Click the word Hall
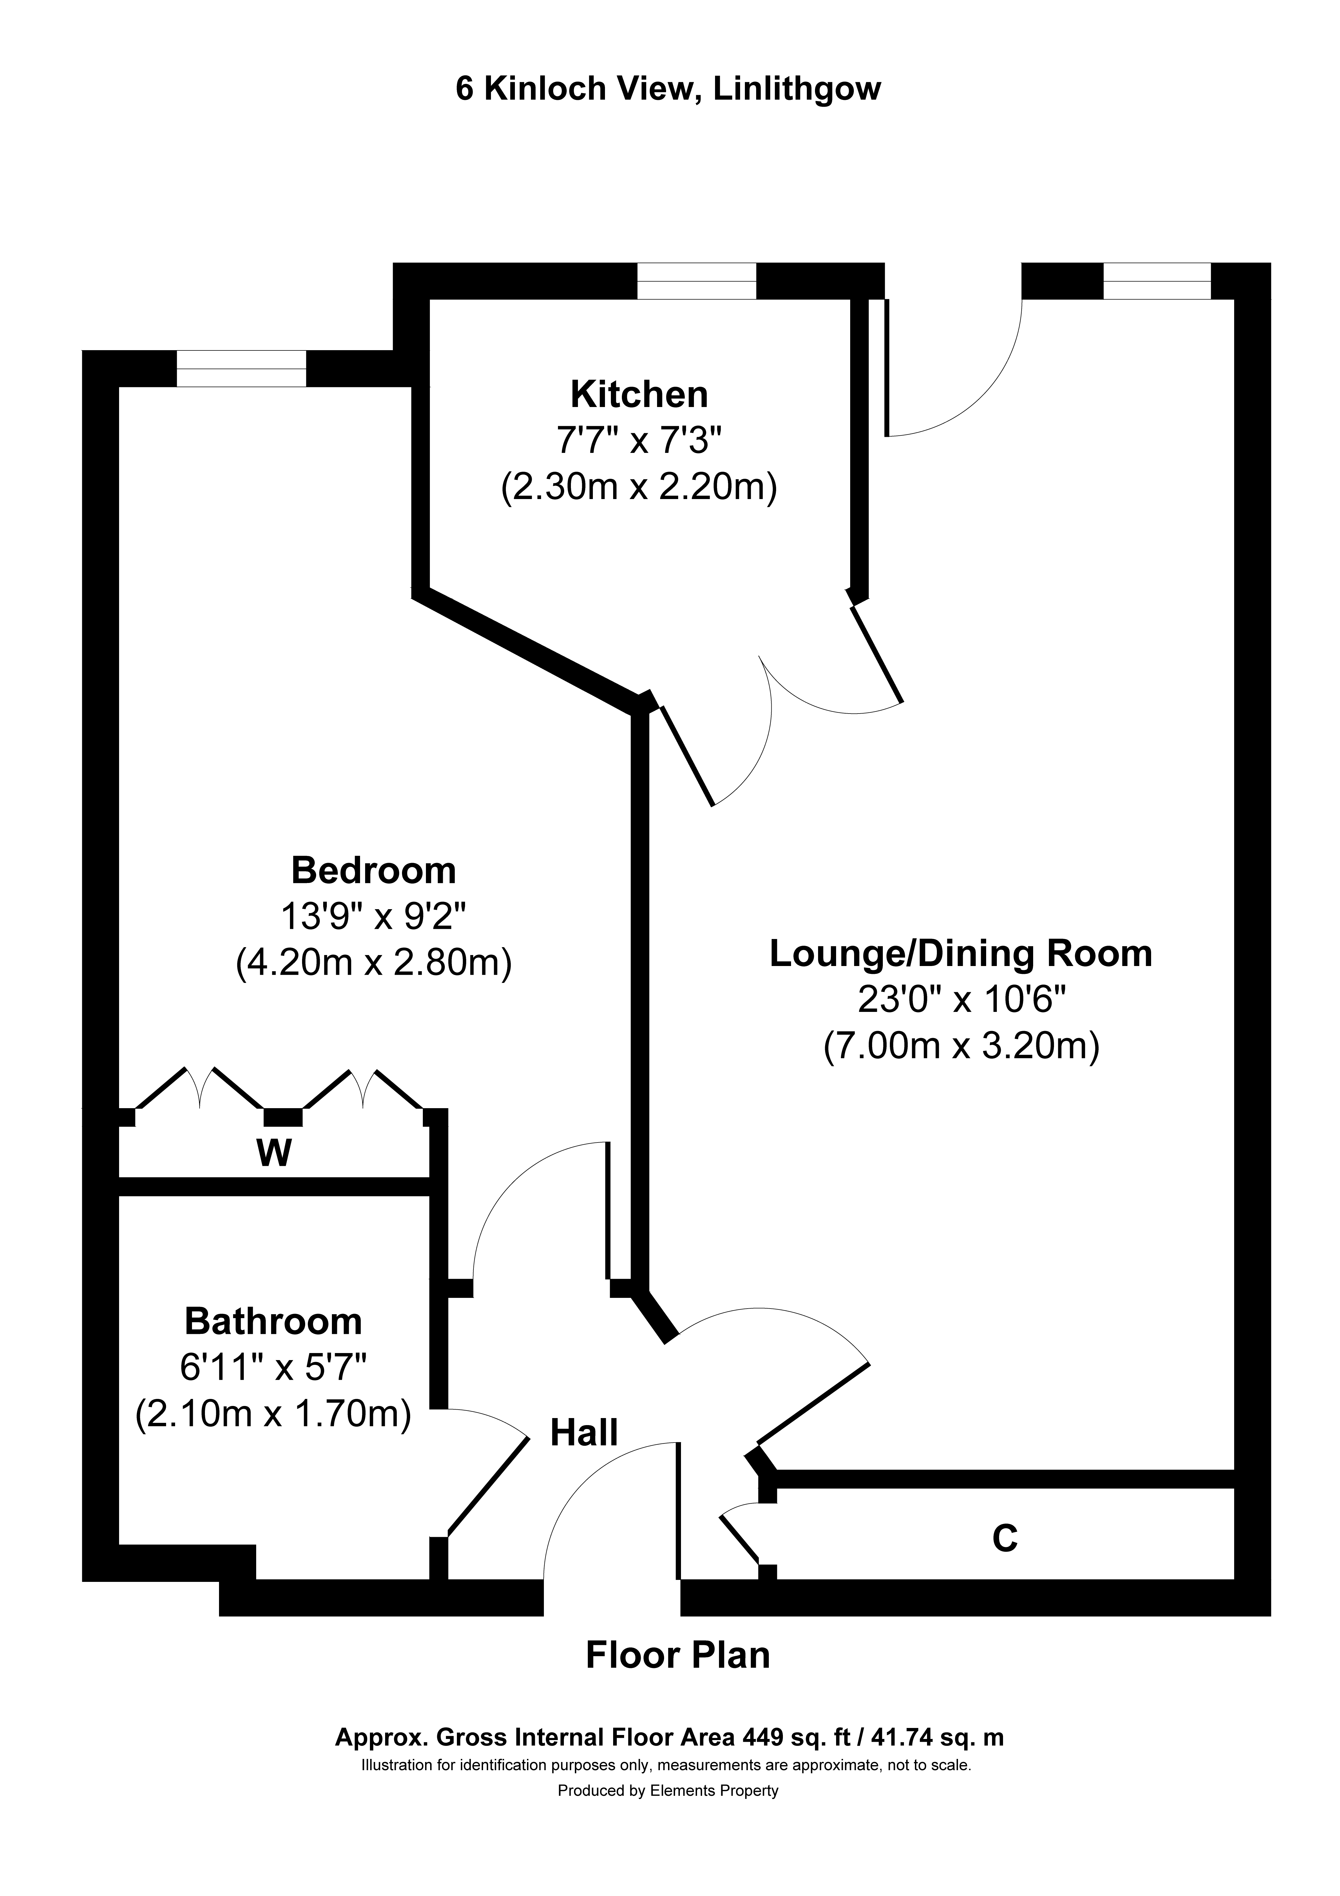tap(584, 1433)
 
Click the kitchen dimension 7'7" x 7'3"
tap(639, 441)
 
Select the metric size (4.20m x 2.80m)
tap(373, 964)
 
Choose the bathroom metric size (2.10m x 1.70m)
tap(273, 1415)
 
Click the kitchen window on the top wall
tap(696, 281)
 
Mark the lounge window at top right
tap(1157, 281)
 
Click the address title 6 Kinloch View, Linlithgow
tap(668, 89)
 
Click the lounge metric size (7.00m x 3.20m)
tap(961, 1047)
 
